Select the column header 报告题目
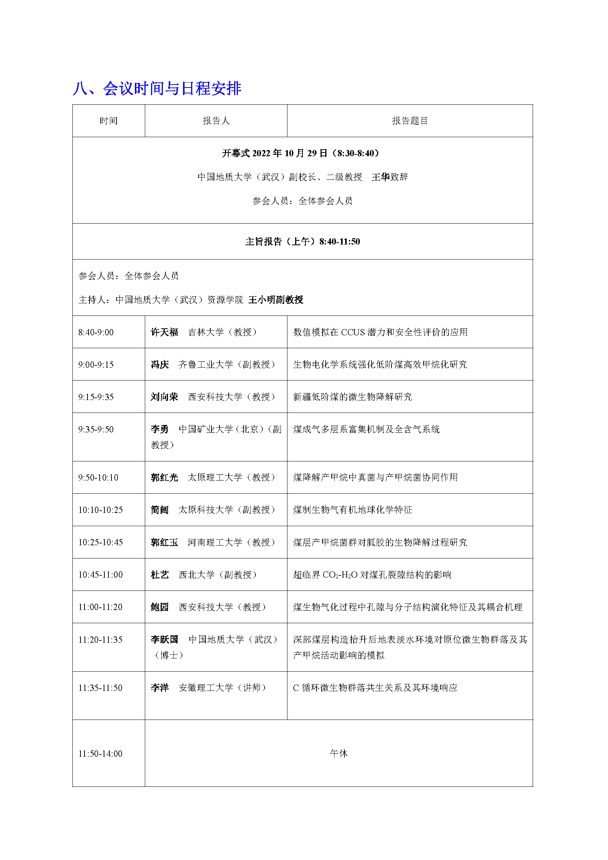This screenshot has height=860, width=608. click(x=409, y=121)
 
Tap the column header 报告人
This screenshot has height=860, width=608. click(x=216, y=121)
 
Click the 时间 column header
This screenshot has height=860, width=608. click(x=108, y=121)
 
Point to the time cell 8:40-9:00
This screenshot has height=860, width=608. click(x=96, y=332)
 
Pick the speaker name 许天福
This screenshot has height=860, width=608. click(x=164, y=332)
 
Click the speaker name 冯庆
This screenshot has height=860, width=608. click(x=160, y=364)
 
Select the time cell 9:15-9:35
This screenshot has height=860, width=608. click(x=96, y=397)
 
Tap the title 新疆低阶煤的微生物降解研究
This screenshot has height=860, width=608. click(x=352, y=397)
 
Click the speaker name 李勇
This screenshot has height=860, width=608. click(x=160, y=429)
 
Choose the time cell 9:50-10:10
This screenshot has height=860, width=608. click(x=98, y=478)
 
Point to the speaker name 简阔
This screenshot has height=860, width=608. click(x=160, y=510)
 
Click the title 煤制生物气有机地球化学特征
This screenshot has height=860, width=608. click(x=352, y=510)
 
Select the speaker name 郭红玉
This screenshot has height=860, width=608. click(x=164, y=542)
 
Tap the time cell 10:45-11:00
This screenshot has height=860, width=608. click(x=100, y=575)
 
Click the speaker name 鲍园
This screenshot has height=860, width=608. click(x=160, y=607)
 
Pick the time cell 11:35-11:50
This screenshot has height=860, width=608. click(x=100, y=688)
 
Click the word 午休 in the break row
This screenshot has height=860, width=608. click(x=339, y=753)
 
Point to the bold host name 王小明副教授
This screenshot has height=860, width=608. click(x=276, y=300)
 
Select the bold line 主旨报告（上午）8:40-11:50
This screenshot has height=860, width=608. click(x=303, y=242)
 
